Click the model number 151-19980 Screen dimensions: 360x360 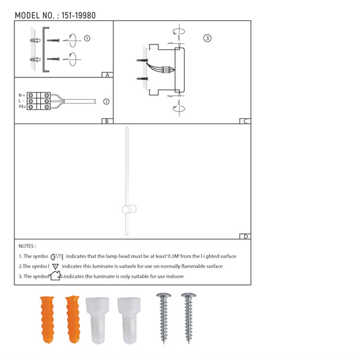(x=79, y=16)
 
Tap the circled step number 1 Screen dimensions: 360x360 (x=87, y=38)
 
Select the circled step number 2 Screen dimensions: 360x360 (x=106, y=101)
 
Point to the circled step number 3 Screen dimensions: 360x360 (x=208, y=38)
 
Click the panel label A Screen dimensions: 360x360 (x=107, y=75)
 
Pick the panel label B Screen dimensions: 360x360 (x=107, y=121)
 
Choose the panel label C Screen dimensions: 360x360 (x=245, y=121)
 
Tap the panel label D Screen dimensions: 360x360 (x=245, y=236)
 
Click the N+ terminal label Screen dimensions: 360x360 (x=22, y=95)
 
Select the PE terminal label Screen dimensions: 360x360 (x=22, y=107)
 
